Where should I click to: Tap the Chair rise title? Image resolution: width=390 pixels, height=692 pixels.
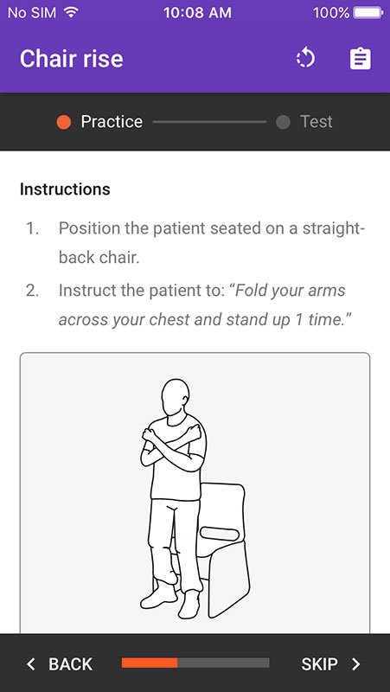(72, 59)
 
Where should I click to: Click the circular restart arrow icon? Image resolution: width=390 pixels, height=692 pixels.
(306, 59)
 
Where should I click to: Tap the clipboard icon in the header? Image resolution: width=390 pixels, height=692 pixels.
(361, 59)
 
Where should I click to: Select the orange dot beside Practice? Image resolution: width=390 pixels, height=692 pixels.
(63, 122)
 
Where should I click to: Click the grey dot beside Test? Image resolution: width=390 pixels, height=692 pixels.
(283, 122)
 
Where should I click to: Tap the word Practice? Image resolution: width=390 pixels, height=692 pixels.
(112, 122)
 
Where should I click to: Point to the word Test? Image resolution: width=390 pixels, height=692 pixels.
(316, 122)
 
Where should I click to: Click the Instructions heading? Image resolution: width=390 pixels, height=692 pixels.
(65, 189)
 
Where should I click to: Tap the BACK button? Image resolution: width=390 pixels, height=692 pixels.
(60, 663)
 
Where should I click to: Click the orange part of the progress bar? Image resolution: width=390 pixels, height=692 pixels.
(150, 663)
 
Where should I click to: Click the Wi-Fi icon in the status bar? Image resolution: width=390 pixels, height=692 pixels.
(71, 12)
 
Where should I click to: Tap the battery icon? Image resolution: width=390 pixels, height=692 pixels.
(368, 12)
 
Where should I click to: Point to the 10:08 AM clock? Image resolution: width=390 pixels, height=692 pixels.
(197, 12)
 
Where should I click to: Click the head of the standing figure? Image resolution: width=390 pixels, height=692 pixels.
(176, 397)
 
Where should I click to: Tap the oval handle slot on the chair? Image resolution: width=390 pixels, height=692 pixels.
(220, 535)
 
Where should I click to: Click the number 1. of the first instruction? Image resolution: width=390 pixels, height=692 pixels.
(32, 228)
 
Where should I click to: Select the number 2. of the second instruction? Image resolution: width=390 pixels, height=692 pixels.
(33, 291)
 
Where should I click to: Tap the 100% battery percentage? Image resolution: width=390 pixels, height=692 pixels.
(331, 12)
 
